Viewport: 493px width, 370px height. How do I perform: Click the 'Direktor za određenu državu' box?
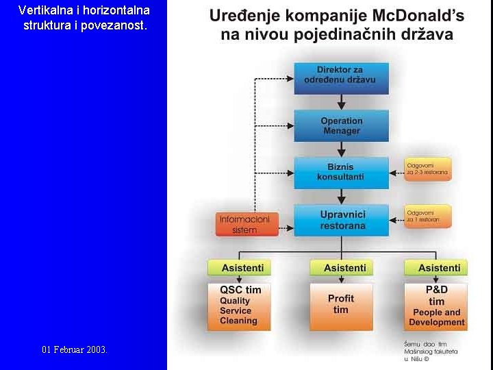coord(341,79)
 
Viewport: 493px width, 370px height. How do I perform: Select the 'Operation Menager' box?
coord(341,126)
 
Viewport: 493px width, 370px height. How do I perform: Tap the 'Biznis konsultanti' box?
coord(341,172)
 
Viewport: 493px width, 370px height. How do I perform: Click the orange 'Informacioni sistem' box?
coord(244,224)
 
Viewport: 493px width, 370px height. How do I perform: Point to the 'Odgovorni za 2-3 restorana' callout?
coord(427,168)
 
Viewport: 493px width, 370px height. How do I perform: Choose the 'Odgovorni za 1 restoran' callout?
coord(427,216)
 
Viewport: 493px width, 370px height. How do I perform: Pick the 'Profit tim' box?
coord(341,305)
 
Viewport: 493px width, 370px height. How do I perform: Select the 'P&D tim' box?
coord(436,306)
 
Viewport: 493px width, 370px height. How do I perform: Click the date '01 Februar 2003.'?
coord(74,349)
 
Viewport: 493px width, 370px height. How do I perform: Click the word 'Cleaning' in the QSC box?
coord(238,321)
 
